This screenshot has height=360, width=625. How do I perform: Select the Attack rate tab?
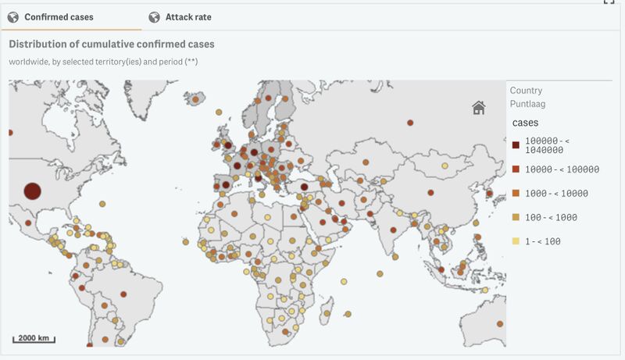[x=187, y=16]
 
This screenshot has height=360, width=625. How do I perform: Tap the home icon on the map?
[x=478, y=108]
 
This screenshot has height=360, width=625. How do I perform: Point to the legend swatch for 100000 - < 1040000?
[x=516, y=144]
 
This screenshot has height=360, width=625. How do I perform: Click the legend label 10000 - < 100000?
[x=562, y=169]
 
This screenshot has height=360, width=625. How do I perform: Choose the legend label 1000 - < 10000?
[x=556, y=193]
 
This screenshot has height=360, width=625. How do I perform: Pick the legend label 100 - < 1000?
[x=551, y=217]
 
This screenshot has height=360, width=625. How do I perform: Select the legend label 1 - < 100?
[x=543, y=241]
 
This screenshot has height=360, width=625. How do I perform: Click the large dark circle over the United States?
[x=32, y=191]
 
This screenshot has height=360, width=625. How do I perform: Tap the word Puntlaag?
[x=527, y=103]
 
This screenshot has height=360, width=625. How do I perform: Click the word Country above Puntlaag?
[x=526, y=91]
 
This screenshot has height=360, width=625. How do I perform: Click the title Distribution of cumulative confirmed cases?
[x=112, y=45]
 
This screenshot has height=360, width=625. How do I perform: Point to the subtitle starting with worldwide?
[x=103, y=62]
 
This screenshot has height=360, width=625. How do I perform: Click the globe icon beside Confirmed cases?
[x=12, y=16]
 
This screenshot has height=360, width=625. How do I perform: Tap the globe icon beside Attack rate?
[x=153, y=16]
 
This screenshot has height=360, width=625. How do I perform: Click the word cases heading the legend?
[x=525, y=123]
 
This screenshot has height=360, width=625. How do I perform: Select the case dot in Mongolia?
[x=445, y=166]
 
